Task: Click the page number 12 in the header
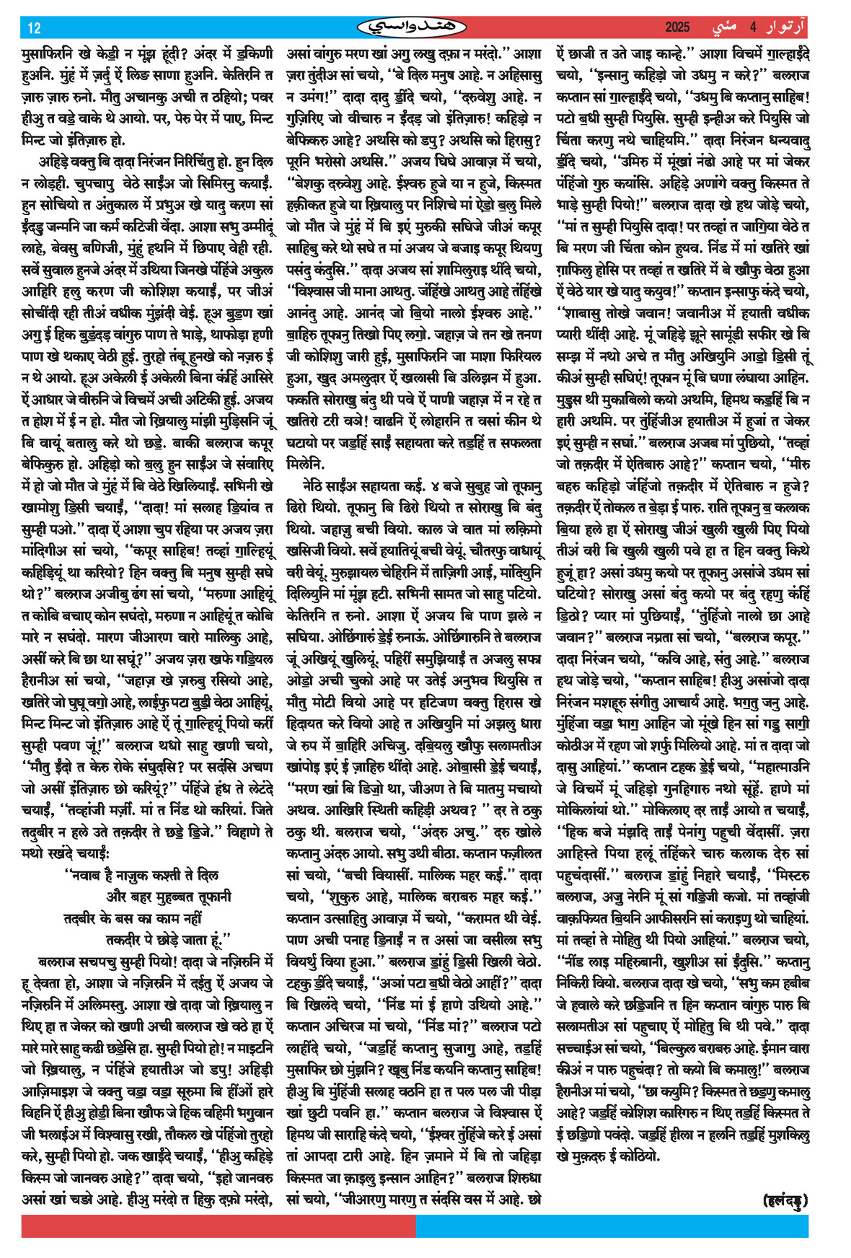(x=34, y=27)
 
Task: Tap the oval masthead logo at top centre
(x=411, y=27)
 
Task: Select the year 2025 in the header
(x=678, y=27)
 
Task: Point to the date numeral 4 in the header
(x=752, y=27)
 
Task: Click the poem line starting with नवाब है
(x=141, y=876)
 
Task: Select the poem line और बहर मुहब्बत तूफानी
(x=169, y=897)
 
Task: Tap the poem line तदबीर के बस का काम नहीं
(x=133, y=918)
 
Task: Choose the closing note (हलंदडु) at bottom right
(x=785, y=1200)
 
